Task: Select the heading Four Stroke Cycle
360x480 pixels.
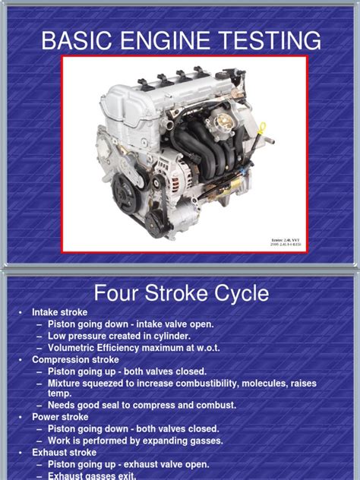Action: tap(180, 292)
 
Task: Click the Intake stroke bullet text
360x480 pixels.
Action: tap(59, 312)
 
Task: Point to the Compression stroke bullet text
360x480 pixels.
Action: tap(75, 359)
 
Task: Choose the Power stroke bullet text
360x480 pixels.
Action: tap(60, 417)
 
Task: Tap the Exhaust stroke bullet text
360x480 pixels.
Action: tap(65, 453)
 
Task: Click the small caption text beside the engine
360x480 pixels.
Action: tap(285, 242)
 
